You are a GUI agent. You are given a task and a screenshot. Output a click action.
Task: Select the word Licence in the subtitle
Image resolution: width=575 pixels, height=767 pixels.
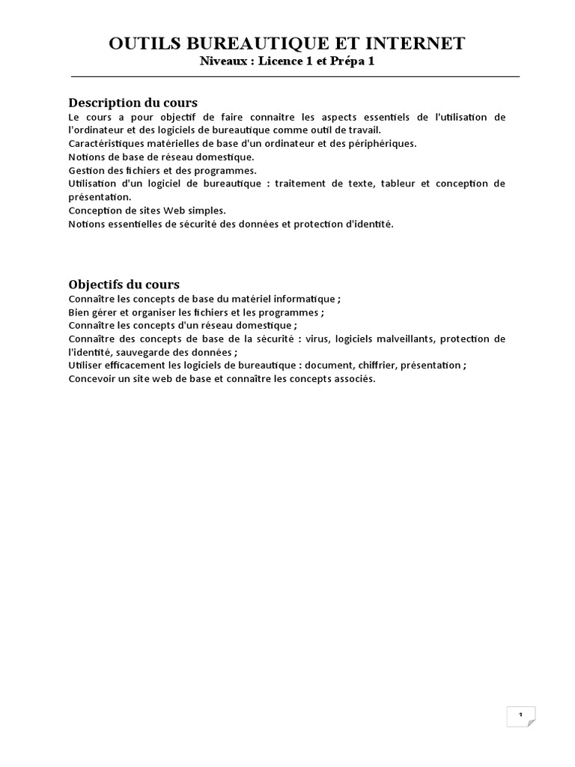click(x=283, y=61)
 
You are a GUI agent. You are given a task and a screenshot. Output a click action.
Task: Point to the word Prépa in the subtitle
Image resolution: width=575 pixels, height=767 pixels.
click(x=347, y=61)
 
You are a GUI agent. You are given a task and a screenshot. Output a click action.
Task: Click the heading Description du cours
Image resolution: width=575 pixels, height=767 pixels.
click(x=133, y=103)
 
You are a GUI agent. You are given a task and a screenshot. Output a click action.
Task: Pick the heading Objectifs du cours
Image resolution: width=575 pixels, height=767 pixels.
click(x=124, y=285)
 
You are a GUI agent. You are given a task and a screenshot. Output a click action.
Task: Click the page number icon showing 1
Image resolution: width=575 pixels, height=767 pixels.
click(x=521, y=715)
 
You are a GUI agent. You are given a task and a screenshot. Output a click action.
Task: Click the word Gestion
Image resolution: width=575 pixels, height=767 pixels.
click(x=85, y=170)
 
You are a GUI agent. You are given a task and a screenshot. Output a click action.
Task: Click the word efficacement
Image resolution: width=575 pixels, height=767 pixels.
click(x=139, y=366)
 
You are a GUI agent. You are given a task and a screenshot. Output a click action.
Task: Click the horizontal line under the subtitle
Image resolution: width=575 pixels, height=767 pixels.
click(x=295, y=76)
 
